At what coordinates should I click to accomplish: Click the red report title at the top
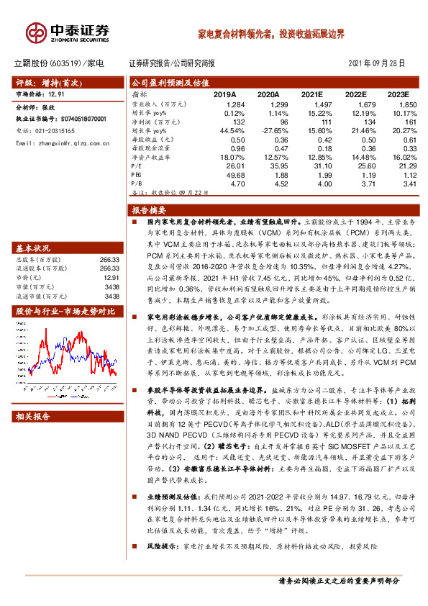[271, 34]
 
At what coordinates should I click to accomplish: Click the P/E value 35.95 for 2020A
[268, 166]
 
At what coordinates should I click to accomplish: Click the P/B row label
[137, 184]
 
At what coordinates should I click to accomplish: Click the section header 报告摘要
[149, 210]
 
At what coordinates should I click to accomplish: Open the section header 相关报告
[33, 416]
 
